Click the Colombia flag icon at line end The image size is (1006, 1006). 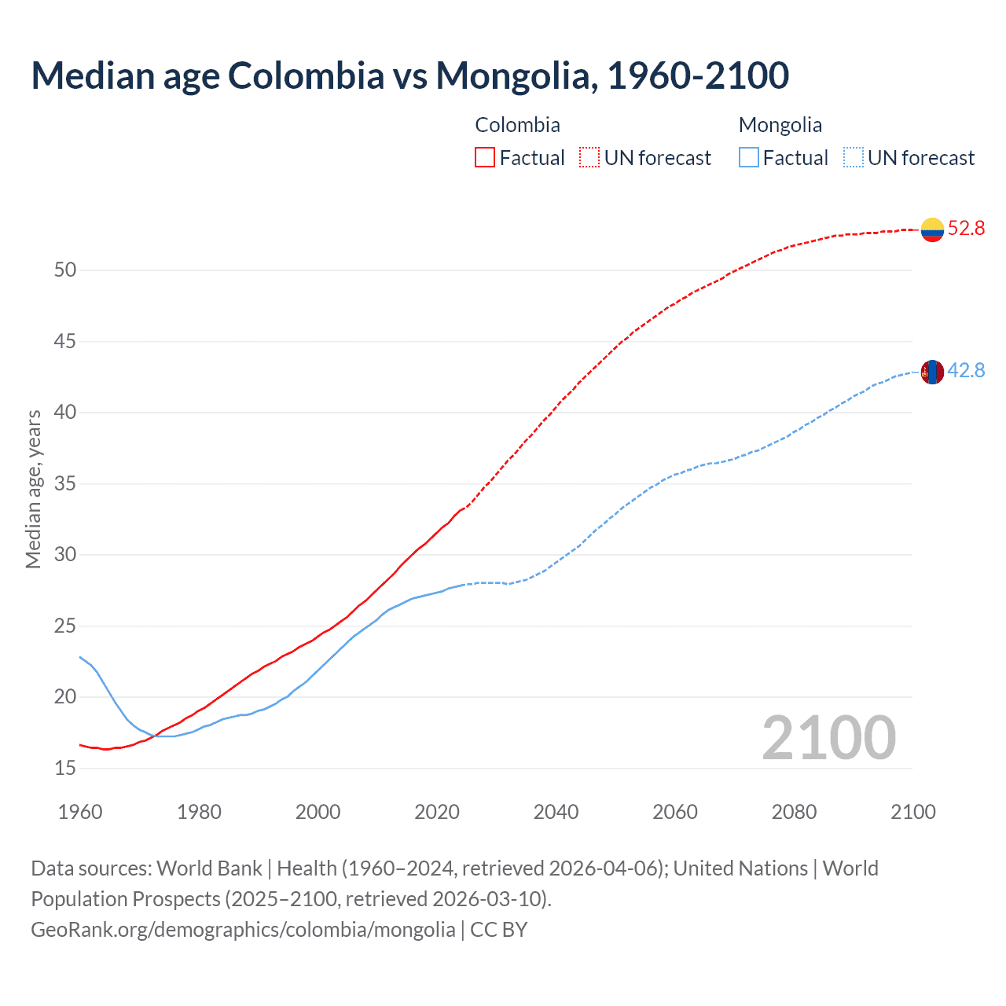[932, 229]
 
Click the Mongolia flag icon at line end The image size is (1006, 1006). [932, 372]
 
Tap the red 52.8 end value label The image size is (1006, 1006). [966, 229]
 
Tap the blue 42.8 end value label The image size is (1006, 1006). [966, 371]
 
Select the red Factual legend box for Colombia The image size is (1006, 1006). [485, 158]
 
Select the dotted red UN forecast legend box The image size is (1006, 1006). [589, 158]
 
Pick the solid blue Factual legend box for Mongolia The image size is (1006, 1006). [749, 158]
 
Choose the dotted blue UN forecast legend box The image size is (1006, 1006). [854, 158]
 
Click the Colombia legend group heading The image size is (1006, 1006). [517, 125]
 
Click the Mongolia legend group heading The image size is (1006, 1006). [780, 125]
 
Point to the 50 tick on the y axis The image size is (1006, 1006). [65, 270]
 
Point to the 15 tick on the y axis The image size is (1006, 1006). [65, 769]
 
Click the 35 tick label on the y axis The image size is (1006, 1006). [65, 484]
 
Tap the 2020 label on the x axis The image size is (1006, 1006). [437, 812]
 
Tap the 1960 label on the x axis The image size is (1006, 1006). [80, 812]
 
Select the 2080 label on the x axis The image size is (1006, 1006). [794, 812]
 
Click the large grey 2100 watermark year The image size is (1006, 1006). [828, 738]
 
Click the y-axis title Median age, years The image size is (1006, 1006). [33, 489]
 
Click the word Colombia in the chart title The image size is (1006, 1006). [306, 76]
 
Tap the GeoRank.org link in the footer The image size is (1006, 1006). [243, 930]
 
